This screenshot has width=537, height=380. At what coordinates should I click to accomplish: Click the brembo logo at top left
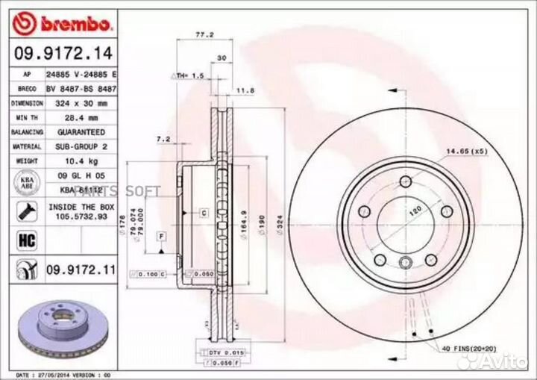(63, 24)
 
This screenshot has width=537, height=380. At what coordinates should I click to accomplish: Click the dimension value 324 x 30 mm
(77, 103)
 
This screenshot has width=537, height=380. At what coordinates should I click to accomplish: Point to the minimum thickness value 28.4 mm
(77, 118)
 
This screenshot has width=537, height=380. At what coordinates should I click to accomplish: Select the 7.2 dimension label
(164, 139)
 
